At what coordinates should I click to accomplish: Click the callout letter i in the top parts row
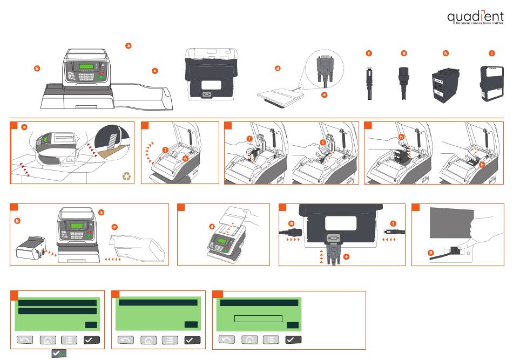point(491,53)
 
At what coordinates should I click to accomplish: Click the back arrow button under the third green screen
point(227,340)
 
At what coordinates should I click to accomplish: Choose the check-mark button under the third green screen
point(293,340)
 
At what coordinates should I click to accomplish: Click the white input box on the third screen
point(258,318)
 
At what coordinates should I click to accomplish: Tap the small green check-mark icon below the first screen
point(59,354)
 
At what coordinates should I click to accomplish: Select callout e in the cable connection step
point(346,256)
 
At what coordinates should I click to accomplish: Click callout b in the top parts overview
point(37,69)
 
